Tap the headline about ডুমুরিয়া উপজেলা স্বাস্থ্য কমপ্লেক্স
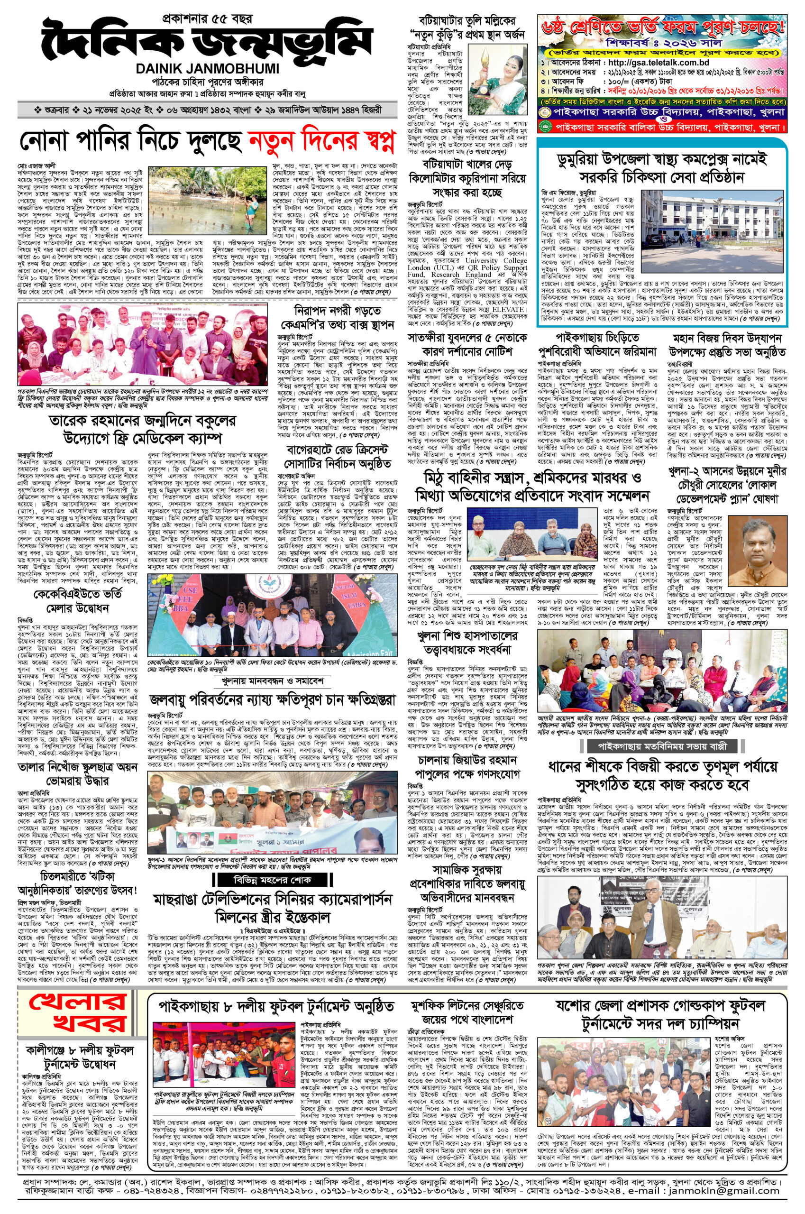pyautogui.click(x=662, y=168)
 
